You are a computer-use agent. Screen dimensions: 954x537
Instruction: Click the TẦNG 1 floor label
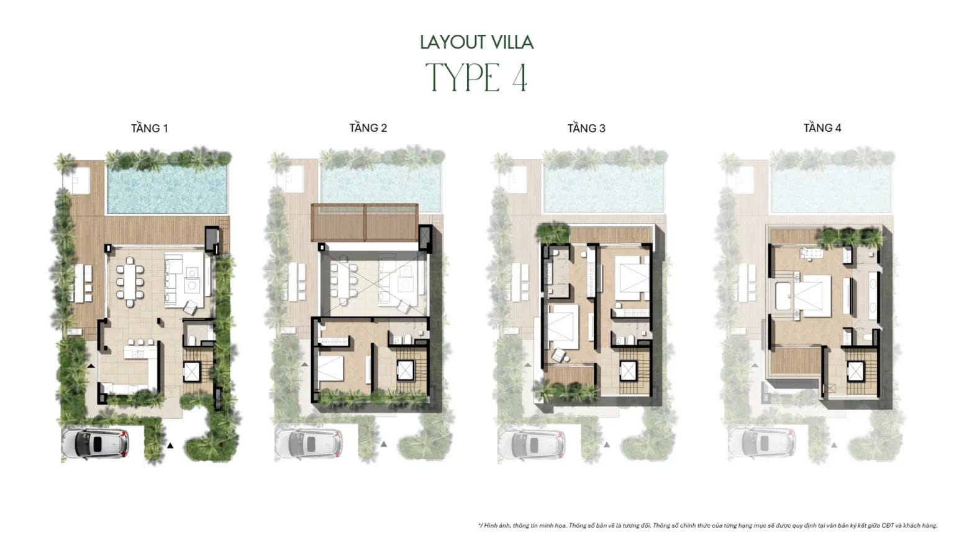[x=150, y=128]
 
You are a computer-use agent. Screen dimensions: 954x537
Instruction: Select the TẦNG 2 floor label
[x=368, y=128]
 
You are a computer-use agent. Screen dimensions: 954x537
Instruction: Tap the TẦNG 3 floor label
[x=586, y=128]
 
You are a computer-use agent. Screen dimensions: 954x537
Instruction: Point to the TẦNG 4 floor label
[x=822, y=128]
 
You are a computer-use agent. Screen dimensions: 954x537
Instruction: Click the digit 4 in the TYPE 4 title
[x=520, y=77]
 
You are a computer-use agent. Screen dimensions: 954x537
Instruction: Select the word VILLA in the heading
[x=512, y=42]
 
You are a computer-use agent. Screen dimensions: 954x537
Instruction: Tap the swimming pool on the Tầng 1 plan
[x=167, y=189]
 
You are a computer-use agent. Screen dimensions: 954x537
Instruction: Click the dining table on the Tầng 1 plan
[x=130, y=282]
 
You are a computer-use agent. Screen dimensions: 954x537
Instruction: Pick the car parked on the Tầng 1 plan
[x=96, y=444]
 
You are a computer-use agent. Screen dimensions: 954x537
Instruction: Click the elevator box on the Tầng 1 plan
[x=191, y=372]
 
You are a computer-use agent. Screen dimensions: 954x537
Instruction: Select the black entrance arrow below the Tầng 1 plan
[x=170, y=446]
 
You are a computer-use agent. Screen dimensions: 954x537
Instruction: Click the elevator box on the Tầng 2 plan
[x=405, y=370]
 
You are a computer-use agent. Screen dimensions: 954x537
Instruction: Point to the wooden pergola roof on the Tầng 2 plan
[x=365, y=223]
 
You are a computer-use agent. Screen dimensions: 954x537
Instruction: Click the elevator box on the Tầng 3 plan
[x=628, y=371]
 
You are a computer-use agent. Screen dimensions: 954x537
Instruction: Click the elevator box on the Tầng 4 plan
[x=855, y=371]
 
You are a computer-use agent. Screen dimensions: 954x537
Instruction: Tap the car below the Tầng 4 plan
[x=762, y=444]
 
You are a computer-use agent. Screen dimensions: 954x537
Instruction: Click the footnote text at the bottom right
[x=707, y=525]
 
